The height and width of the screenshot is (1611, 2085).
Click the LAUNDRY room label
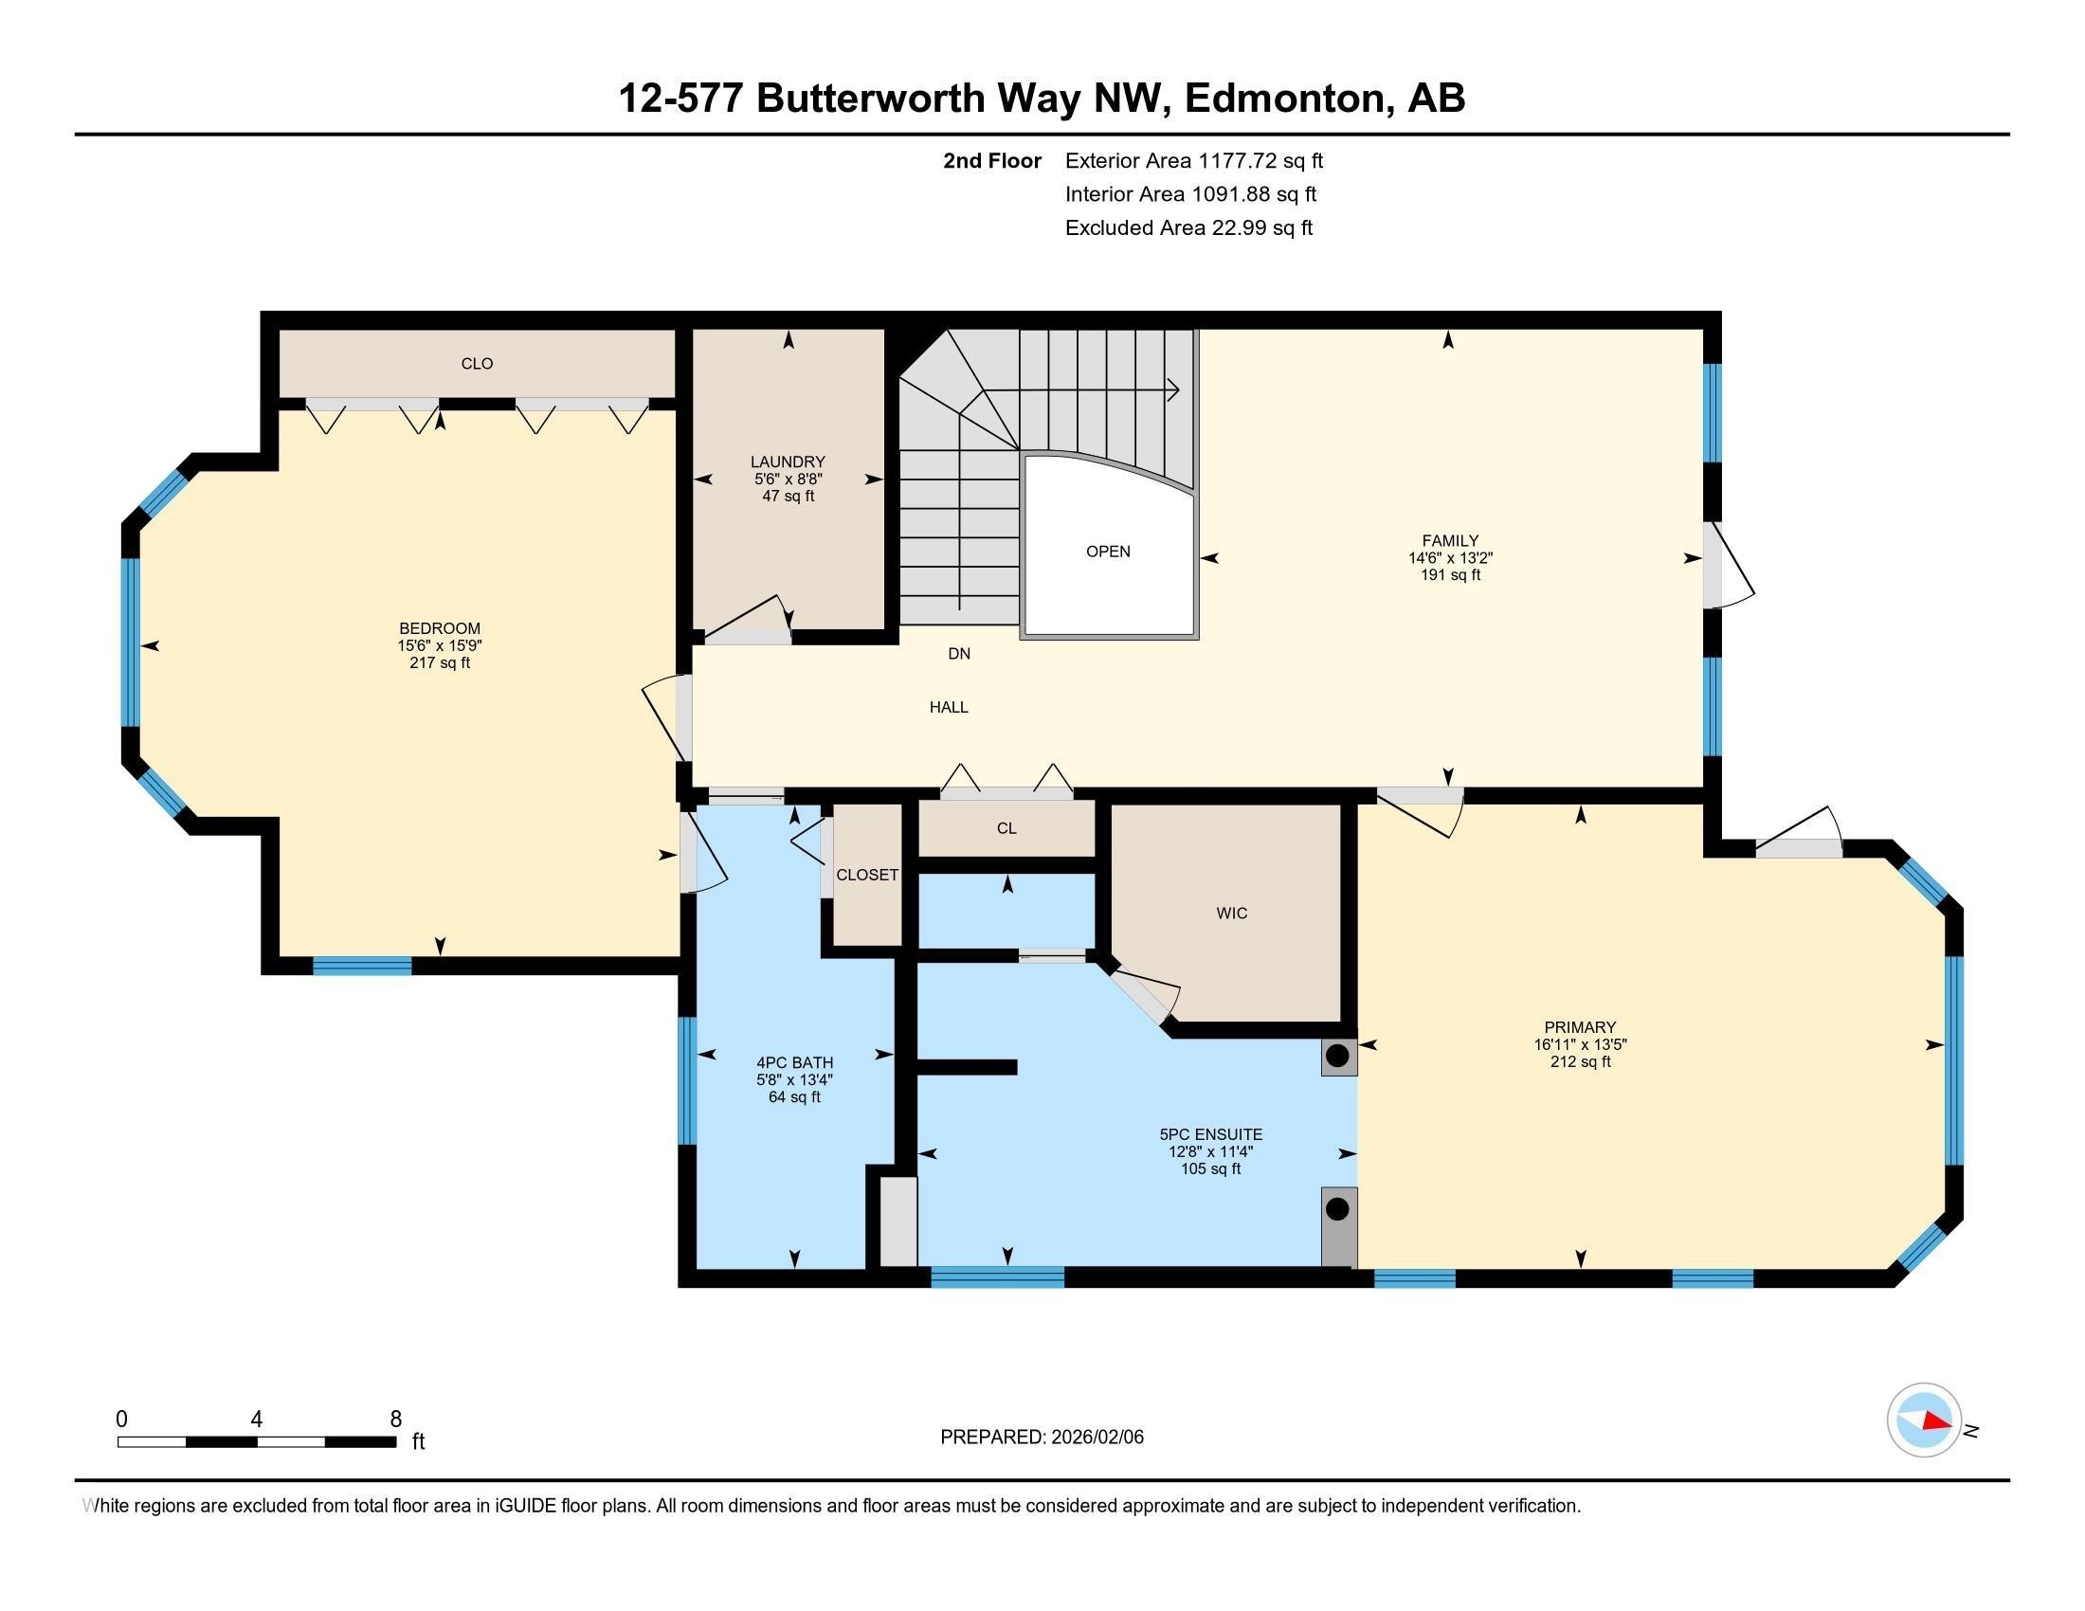click(787, 462)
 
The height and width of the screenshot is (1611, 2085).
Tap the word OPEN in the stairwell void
click(1107, 552)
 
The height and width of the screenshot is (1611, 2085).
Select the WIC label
click(1231, 914)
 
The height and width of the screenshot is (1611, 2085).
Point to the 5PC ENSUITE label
click(1210, 1134)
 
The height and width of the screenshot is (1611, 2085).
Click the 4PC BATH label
click(794, 1062)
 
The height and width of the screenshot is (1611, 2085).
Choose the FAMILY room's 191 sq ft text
click(1449, 575)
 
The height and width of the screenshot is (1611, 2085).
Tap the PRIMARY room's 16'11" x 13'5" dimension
click(1580, 1044)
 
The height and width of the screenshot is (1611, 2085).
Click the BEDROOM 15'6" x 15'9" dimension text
click(439, 645)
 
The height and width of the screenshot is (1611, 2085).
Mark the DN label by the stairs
click(958, 654)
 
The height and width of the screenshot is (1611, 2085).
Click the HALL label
click(949, 707)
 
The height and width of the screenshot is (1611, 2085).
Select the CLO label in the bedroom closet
click(477, 364)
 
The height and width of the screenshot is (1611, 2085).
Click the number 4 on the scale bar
click(256, 1420)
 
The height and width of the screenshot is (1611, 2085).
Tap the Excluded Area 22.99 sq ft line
click(1188, 228)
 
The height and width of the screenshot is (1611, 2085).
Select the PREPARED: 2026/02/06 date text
click(1042, 1438)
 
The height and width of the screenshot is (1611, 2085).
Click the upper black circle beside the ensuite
click(1337, 1057)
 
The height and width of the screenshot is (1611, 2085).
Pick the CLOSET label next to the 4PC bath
click(867, 876)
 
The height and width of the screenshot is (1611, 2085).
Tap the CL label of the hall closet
click(1006, 828)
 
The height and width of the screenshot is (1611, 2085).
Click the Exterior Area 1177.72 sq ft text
click(1193, 161)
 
